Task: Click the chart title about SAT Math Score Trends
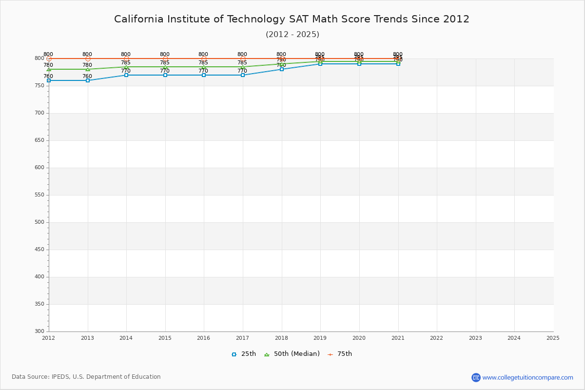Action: (x=292, y=19)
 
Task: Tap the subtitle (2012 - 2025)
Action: (x=292, y=35)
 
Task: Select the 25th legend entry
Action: (x=244, y=354)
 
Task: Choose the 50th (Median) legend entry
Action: (x=292, y=354)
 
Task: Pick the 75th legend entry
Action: (x=340, y=354)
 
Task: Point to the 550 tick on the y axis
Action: (x=39, y=195)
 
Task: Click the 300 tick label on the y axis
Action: (x=39, y=331)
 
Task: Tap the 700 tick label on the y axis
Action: (x=39, y=113)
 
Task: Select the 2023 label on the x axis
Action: (x=475, y=338)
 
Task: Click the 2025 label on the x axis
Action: (x=553, y=338)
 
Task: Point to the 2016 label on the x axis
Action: (x=204, y=338)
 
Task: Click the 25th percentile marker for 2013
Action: (x=88, y=80)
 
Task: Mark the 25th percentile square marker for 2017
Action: (x=243, y=75)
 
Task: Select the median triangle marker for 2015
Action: (x=165, y=67)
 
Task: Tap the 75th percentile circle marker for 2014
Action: (x=126, y=58)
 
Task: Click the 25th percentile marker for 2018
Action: (x=282, y=69)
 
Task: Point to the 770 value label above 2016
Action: (x=203, y=71)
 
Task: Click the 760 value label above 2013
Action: (x=87, y=77)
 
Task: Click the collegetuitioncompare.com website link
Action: (x=527, y=377)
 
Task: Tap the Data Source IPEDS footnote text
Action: (x=86, y=377)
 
